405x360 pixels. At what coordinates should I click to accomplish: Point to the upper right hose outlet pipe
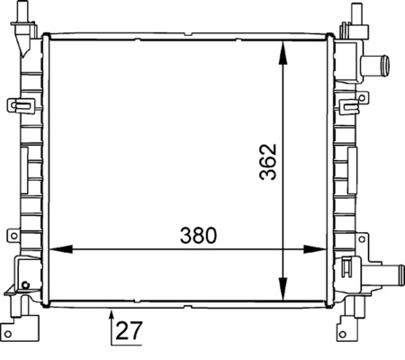[x=380, y=65]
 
